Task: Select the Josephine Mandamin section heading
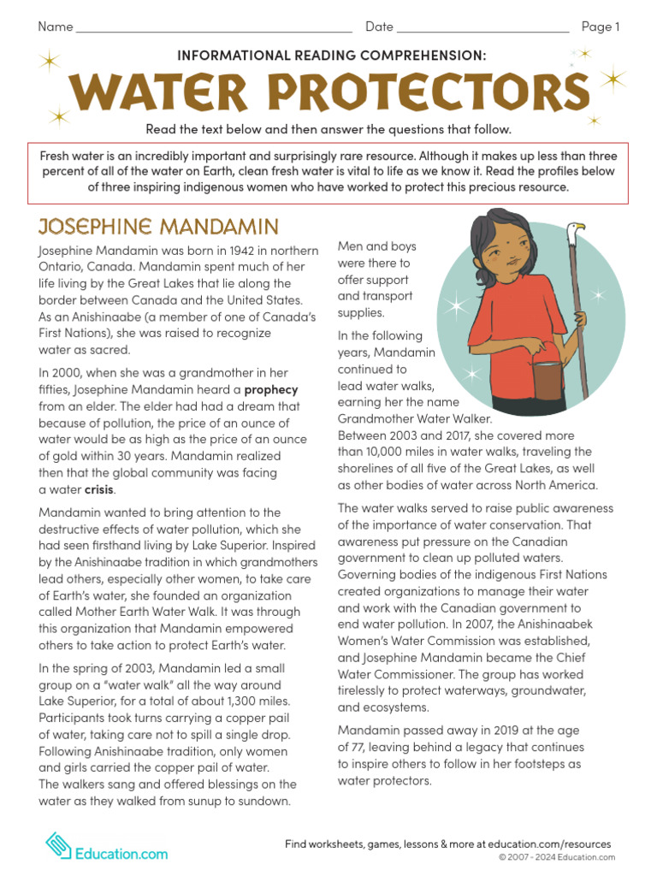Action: [158, 227]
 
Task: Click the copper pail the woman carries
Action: [545, 376]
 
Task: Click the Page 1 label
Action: [601, 27]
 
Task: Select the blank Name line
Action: [214, 29]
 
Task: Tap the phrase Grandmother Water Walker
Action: [414, 419]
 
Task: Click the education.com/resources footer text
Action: [548, 844]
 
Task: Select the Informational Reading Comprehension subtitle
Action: [331, 55]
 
